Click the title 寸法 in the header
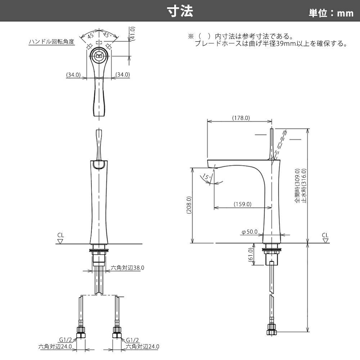pos(180,11)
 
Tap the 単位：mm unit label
pos(331,13)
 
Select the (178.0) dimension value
pos(241,118)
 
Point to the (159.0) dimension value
pos(242,204)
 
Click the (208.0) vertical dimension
pos(189,205)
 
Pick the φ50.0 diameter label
pos(249,232)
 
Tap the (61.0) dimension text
pos(251,255)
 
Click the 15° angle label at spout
pos(207,176)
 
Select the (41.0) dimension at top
pos(132,34)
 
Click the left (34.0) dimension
pos(73,75)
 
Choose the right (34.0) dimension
pos(123,75)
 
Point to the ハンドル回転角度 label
pos(51,41)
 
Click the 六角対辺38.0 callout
pos(127,268)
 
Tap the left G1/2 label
pos(66,340)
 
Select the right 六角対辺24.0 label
pos(142,346)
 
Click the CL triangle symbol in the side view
pos(325,240)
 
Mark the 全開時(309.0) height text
pos(297,186)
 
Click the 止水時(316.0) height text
pos(304,186)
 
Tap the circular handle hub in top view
pos(99,55)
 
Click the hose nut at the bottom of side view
pos(272,329)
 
